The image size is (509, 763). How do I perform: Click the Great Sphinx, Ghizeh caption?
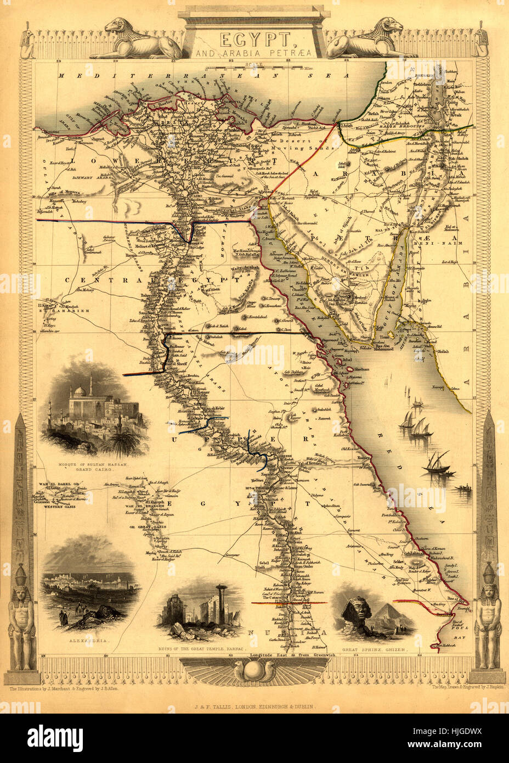pos(376,649)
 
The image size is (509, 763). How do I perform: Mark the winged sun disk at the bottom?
pos(255,671)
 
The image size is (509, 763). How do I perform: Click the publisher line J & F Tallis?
pos(255,707)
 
